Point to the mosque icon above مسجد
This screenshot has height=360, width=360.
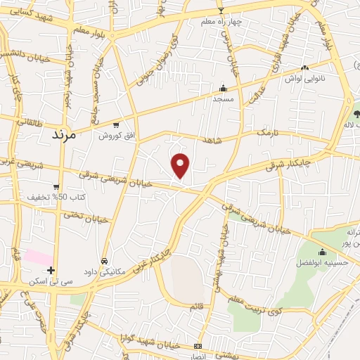224,89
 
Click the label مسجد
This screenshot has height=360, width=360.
224,99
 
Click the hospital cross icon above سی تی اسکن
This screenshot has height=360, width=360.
51,270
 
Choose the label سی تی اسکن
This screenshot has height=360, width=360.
48,281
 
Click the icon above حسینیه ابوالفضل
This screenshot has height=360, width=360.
323,252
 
